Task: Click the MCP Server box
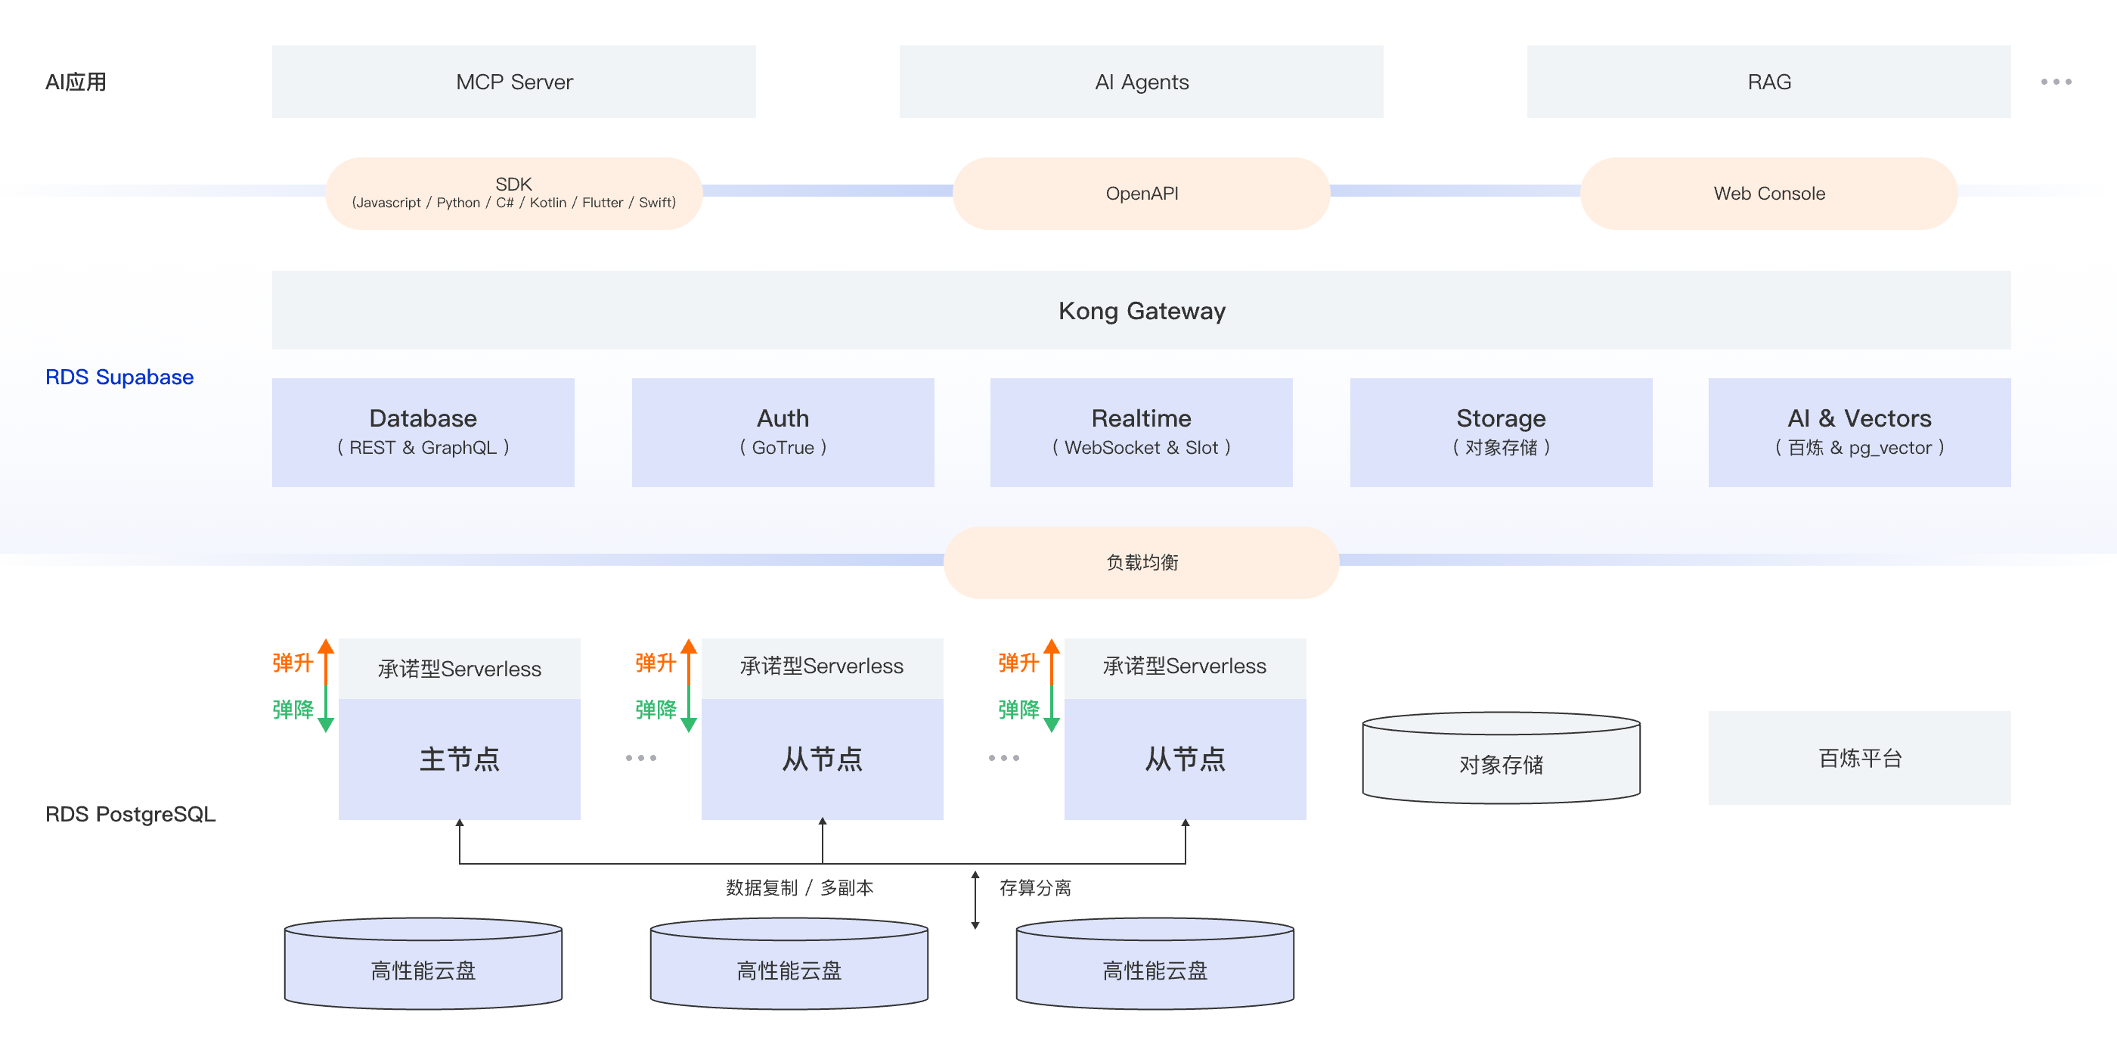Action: (x=513, y=82)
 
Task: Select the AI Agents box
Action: (x=1141, y=82)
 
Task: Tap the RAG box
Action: (x=1768, y=82)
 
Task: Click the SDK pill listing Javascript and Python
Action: (x=513, y=193)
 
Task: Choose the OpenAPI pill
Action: (x=1141, y=193)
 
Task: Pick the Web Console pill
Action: (x=1768, y=193)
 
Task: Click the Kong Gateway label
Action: (x=1141, y=311)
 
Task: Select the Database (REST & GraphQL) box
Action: (x=423, y=432)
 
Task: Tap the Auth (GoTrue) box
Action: (x=783, y=432)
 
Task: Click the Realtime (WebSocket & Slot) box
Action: (x=1141, y=432)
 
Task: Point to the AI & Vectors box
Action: (x=1859, y=432)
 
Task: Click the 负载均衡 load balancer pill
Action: (x=1141, y=562)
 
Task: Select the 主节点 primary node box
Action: (x=459, y=758)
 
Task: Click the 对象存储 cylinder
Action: (x=1501, y=764)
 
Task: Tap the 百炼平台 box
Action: (x=1859, y=757)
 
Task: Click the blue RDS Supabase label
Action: (x=119, y=377)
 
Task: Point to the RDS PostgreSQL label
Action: (x=130, y=813)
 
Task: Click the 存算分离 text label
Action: (x=1034, y=887)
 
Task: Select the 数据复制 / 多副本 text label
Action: (x=799, y=887)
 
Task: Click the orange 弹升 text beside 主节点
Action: (x=292, y=663)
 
